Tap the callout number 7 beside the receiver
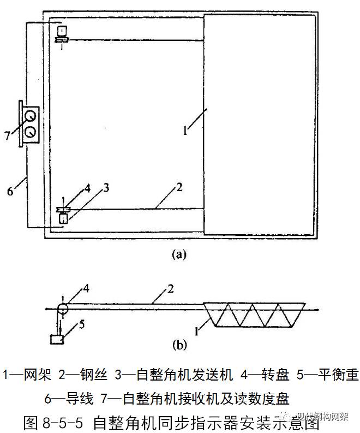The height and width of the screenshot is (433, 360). coord(7,135)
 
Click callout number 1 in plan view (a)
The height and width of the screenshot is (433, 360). coord(185,131)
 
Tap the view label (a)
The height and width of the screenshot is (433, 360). coord(179,254)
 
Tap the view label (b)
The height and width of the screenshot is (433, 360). coord(179,345)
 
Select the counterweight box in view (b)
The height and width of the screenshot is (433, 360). coord(56,340)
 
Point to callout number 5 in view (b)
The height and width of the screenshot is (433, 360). coord(82,324)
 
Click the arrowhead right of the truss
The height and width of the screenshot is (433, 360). coord(316,309)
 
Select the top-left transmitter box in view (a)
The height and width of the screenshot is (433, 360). coord(62,30)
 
